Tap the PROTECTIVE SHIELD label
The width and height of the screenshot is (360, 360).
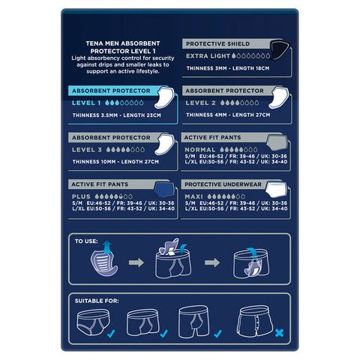(x=217, y=44)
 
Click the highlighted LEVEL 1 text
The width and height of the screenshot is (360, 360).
(x=88, y=102)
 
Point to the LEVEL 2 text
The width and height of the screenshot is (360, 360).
(x=201, y=102)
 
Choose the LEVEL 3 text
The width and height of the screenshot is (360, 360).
(x=88, y=150)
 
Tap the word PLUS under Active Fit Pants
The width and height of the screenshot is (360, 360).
(x=82, y=195)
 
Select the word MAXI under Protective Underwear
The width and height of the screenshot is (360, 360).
(x=196, y=195)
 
